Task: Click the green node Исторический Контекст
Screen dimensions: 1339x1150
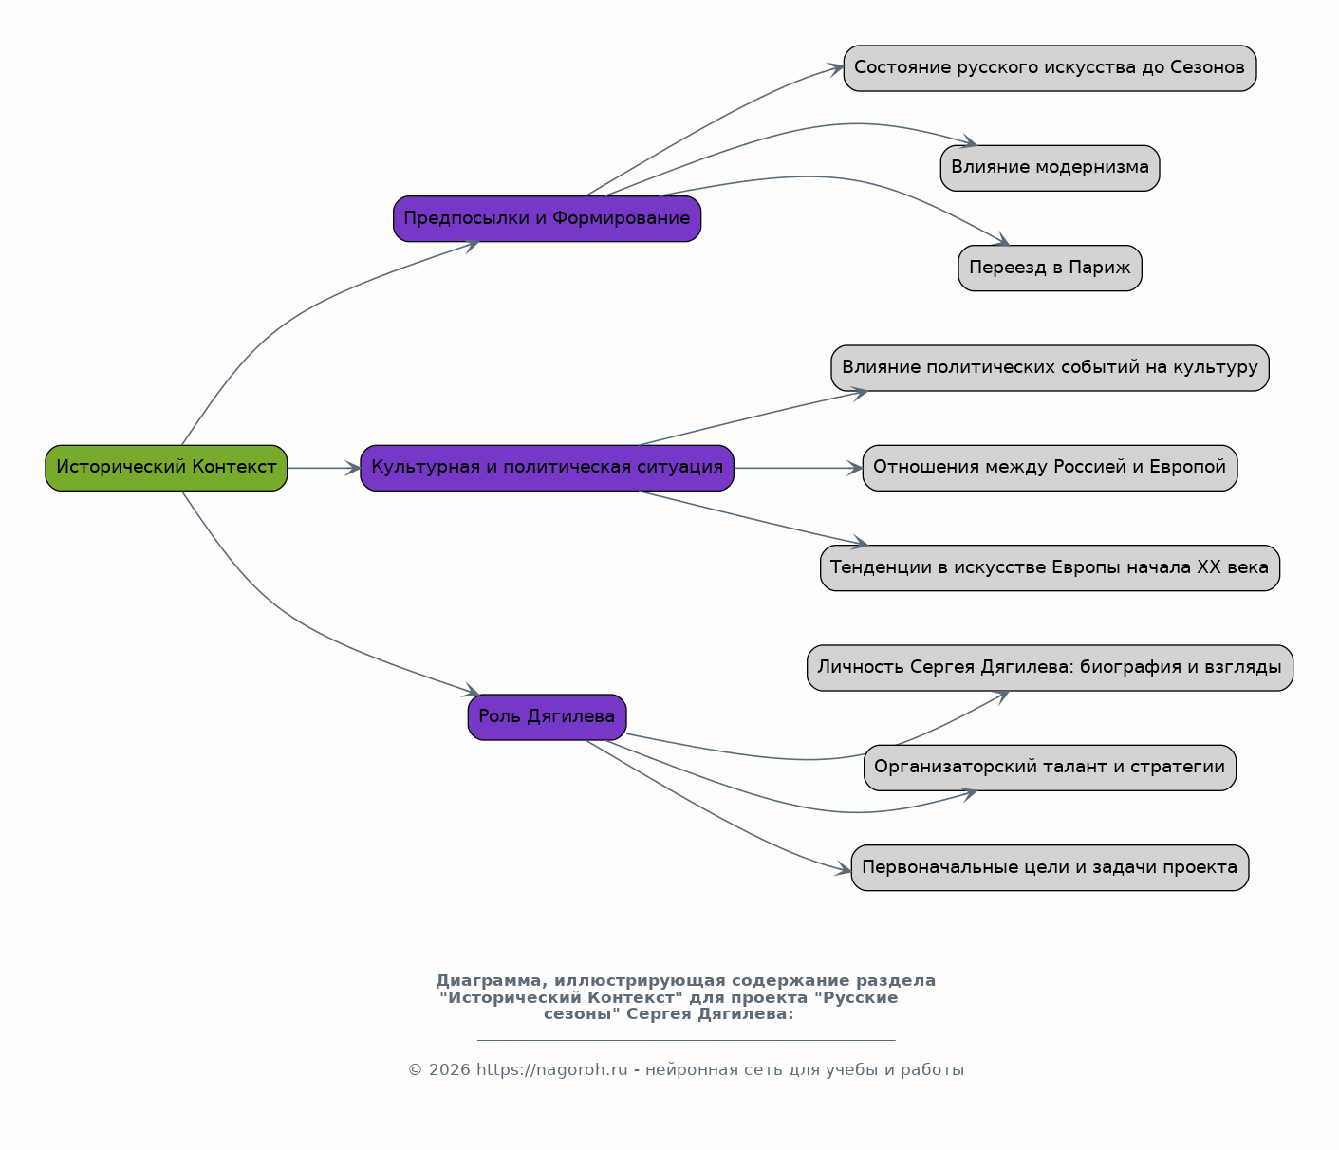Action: coord(166,468)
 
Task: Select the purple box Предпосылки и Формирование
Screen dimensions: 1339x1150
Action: coord(547,219)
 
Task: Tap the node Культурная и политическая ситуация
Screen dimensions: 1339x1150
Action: coord(547,468)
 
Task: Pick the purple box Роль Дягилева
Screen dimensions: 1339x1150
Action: coord(547,717)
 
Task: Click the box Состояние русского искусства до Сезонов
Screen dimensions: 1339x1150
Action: coord(1050,68)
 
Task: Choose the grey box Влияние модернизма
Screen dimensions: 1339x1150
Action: coord(1050,168)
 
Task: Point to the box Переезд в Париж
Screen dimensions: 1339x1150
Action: coord(1050,269)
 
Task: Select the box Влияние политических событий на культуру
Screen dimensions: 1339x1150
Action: coord(1050,368)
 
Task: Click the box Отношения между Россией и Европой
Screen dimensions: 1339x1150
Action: coord(1050,468)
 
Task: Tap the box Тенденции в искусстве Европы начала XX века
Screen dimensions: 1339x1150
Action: coord(1050,567)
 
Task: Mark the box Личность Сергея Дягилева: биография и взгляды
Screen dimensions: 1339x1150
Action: coord(1050,668)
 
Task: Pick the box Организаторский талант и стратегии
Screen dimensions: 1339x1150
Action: coord(1050,768)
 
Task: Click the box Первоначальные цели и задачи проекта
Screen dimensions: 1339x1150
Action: coord(1050,867)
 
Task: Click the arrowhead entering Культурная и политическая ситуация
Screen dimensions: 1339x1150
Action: coord(353,468)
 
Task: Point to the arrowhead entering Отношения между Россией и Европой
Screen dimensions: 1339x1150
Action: coord(855,468)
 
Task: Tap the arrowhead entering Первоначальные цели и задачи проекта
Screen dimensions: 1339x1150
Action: coord(844,869)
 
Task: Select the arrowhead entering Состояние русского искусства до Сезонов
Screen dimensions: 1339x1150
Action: coord(836,68)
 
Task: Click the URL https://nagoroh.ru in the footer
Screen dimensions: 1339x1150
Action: coord(552,1069)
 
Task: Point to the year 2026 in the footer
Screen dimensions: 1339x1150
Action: coord(449,1069)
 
